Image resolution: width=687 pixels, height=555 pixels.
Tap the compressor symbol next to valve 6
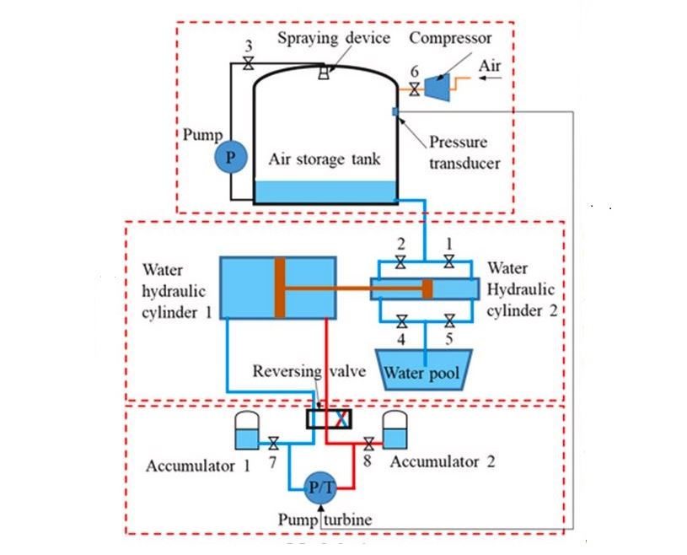tap(435, 86)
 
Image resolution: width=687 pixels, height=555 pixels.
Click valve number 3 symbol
tap(248, 64)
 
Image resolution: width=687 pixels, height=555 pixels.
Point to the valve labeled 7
tap(273, 443)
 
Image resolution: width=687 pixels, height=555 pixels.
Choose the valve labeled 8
tap(368, 443)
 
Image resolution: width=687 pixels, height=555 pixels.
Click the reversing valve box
tap(328, 418)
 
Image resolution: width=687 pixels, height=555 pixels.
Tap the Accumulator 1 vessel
tap(245, 430)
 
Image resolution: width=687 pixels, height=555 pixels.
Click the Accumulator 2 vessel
tap(394, 430)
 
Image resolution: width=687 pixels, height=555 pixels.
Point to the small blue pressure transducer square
tap(394, 112)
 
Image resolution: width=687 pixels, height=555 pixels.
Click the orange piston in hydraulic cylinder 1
tap(280, 288)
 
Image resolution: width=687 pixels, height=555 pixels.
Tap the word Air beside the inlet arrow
tap(490, 64)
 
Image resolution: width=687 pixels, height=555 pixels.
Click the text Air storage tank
tap(325, 159)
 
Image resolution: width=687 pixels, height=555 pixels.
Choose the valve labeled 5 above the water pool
tap(449, 321)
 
